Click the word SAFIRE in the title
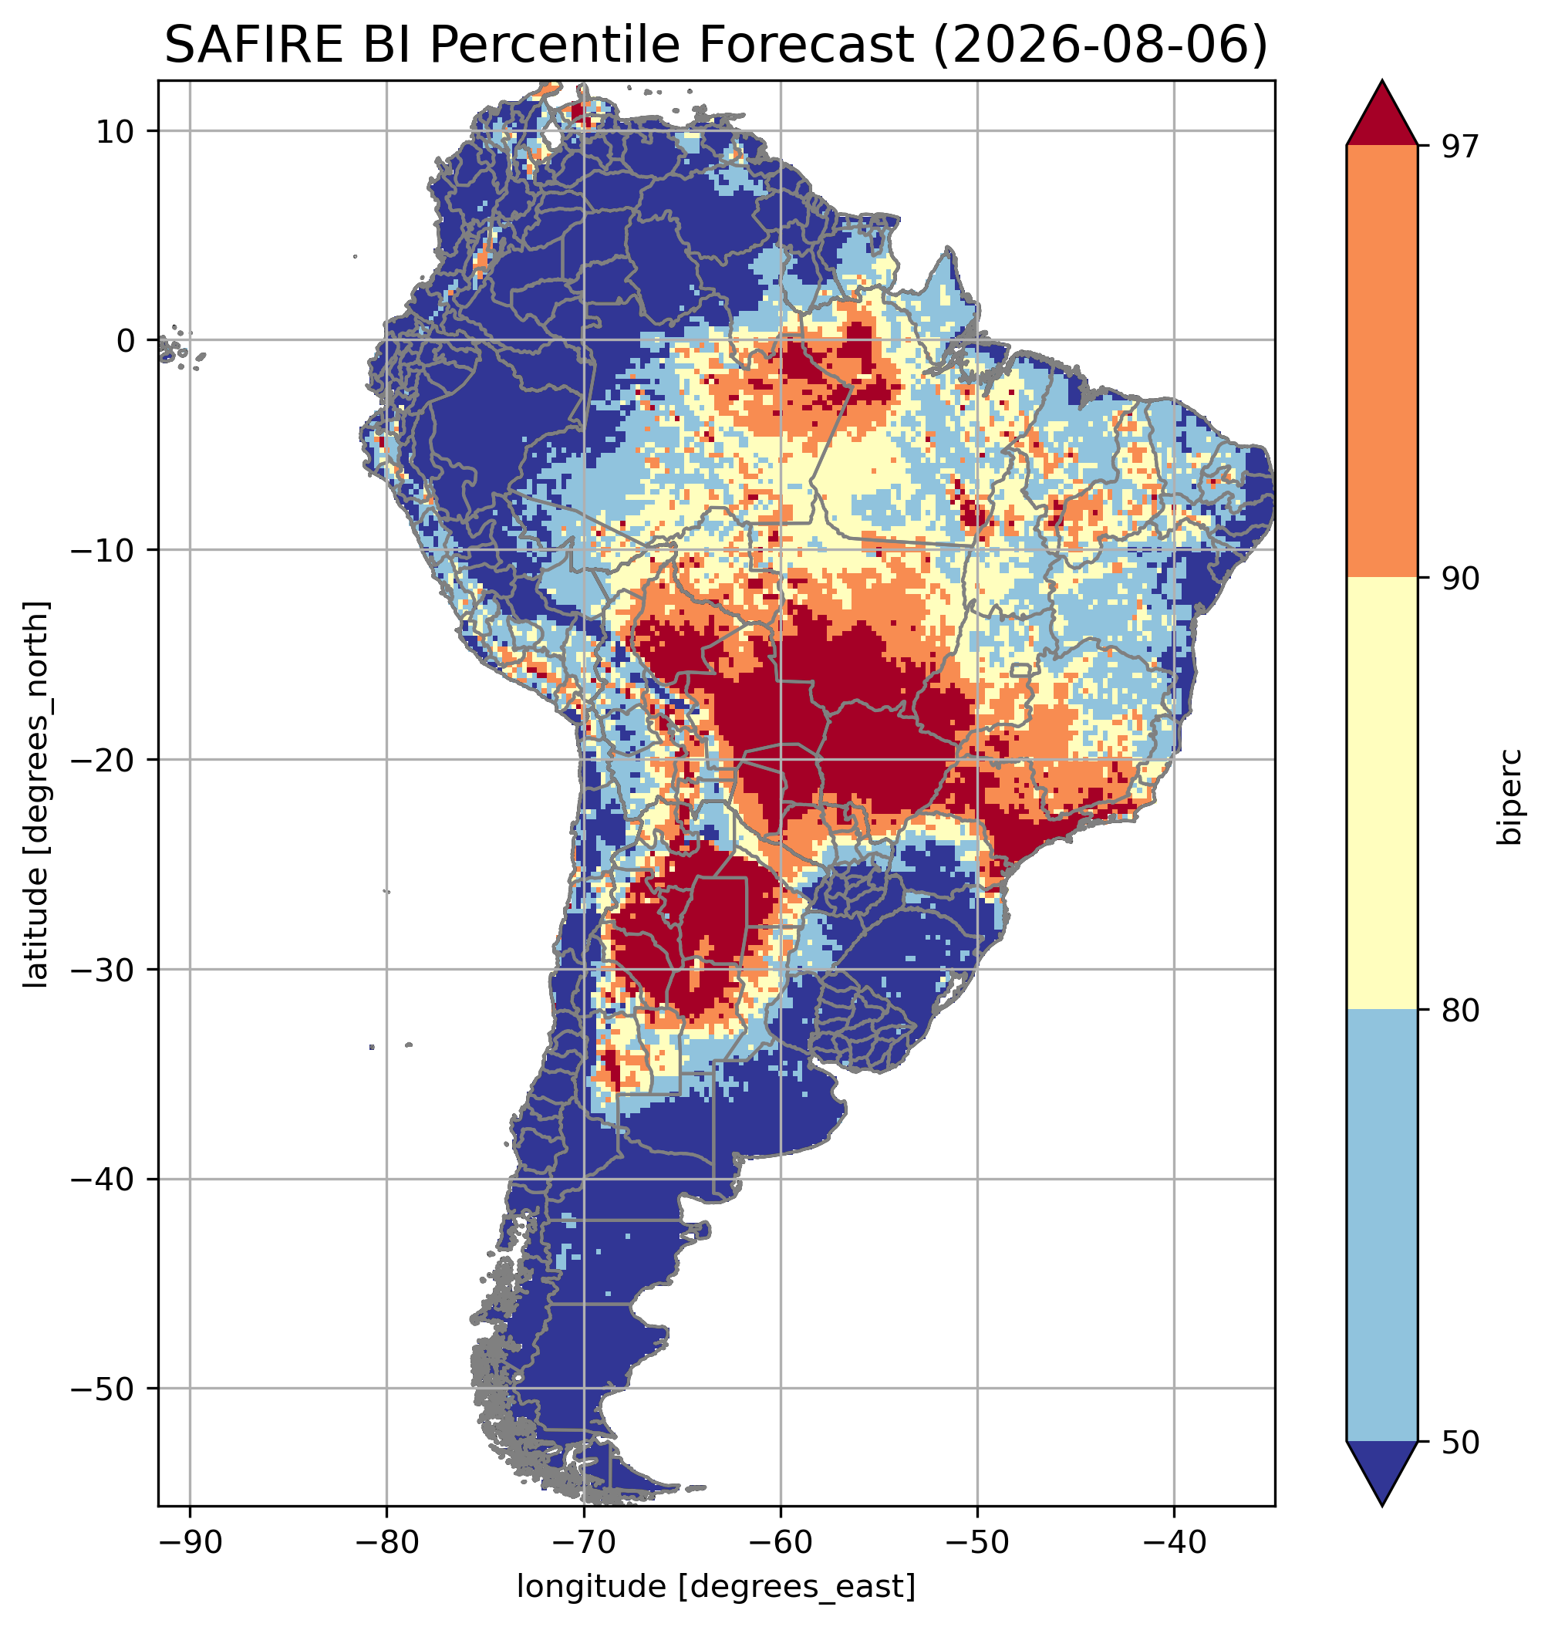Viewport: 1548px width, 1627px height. (x=252, y=45)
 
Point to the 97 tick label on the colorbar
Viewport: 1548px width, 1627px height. (x=1459, y=146)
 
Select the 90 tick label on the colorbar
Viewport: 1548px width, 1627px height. (x=1459, y=578)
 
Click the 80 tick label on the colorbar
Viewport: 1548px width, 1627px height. (x=1459, y=1010)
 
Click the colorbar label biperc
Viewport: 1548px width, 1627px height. (x=1511, y=795)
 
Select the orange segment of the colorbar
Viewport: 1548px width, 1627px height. (x=1381, y=362)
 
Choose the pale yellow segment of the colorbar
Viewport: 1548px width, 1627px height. (x=1381, y=793)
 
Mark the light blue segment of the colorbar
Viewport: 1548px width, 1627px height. (x=1381, y=1225)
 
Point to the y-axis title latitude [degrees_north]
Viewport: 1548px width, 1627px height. (x=36, y=794)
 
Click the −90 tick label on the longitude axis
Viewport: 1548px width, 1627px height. (x=190, y=1542)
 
